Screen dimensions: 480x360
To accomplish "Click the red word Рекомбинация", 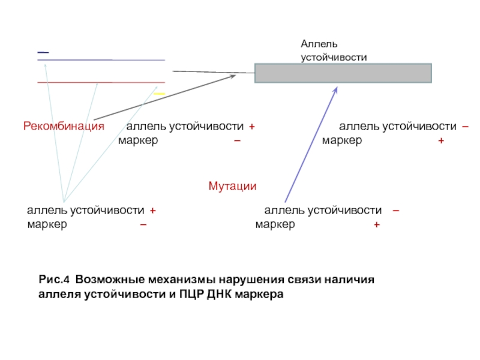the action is click(64, 127).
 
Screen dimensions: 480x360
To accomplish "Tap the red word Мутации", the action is click(232, 187).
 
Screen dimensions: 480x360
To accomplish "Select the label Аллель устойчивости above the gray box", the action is click(333, 51).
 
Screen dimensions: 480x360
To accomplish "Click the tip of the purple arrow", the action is click(337, 88).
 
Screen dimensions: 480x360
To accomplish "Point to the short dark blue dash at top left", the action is click(43, 53).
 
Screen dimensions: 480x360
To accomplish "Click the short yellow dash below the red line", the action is click(159, 94).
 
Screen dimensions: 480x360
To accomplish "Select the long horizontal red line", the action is click(101, 82).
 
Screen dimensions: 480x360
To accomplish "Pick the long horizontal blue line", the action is click(101, 60).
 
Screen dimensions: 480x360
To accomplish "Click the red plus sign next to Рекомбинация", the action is click(252, 127).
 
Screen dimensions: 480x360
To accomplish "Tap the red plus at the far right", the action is click(441, 140).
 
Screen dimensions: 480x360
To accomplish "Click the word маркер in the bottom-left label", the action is click(47, 224).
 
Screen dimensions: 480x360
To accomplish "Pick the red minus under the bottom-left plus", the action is click(143, 224).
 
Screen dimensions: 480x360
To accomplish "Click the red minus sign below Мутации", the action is click(397, 210).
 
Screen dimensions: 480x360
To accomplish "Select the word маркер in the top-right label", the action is click(341, 140).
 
